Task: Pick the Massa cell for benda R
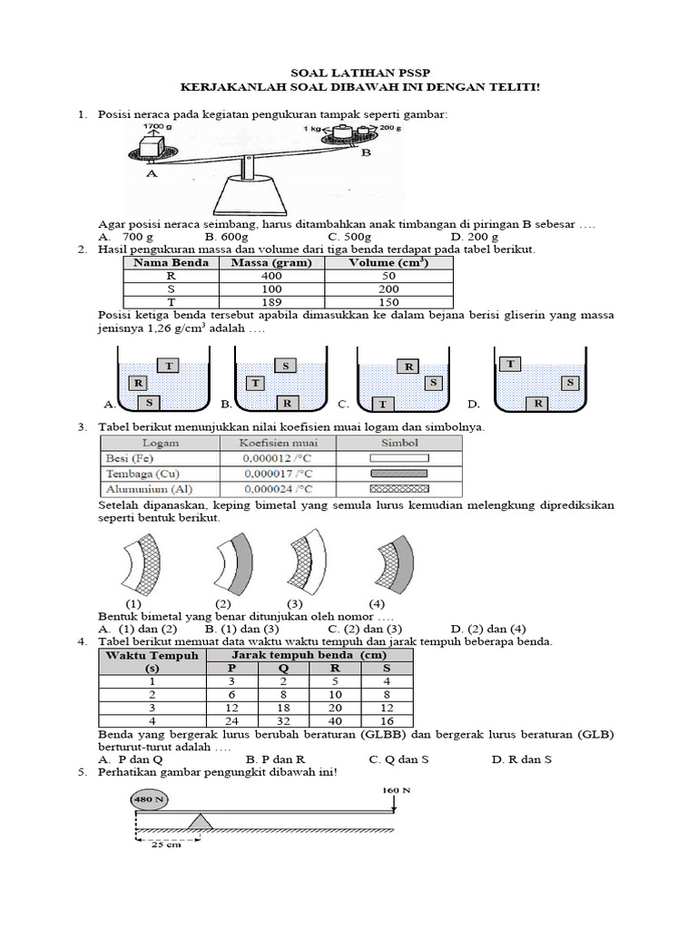(x=270, y=276)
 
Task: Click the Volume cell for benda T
(x=388, y=301)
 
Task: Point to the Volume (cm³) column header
(x=388, y=263)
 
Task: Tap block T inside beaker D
(x=511, y=364)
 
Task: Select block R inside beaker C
(x=408, y=367)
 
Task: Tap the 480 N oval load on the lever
(x=149, y=800)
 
